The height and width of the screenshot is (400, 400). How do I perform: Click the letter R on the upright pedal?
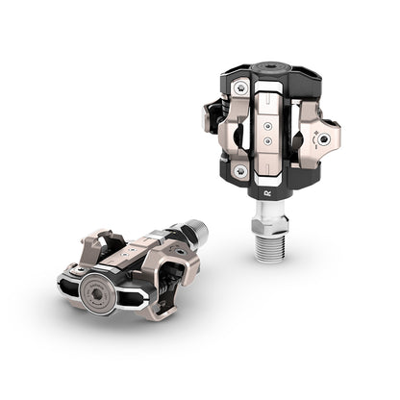pos(265,192)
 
